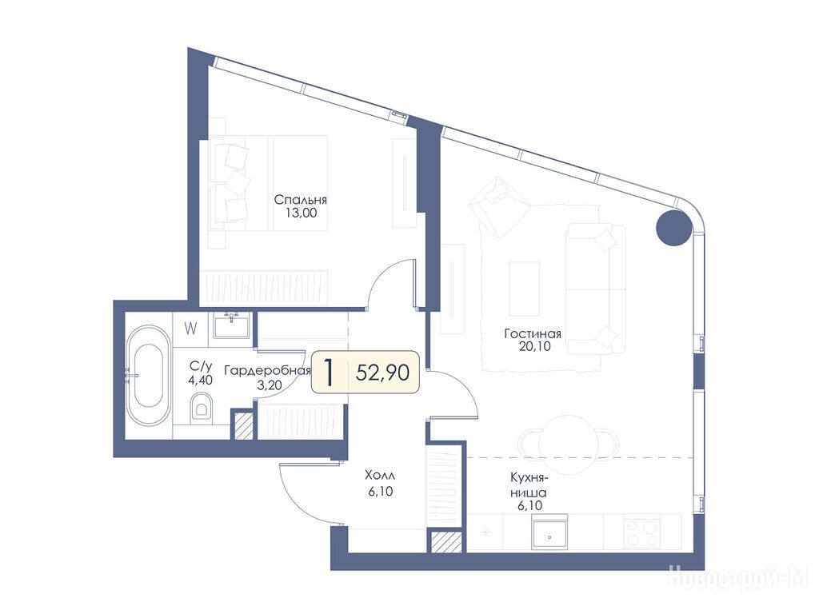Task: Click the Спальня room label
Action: pos(301,200)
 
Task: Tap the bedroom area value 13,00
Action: pos(301,213)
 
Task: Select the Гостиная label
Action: pos(533,333)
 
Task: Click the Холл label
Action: pos(380,476)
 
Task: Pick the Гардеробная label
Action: pos(267,371)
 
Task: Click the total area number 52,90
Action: pos(382,373)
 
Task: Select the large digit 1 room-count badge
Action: pos(329,373)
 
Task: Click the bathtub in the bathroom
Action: pos(148,375)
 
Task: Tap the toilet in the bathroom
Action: pos(202,407)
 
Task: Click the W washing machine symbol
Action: pos(191,329)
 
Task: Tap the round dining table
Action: pos(569,441)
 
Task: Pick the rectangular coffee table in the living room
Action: pos(525,289)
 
